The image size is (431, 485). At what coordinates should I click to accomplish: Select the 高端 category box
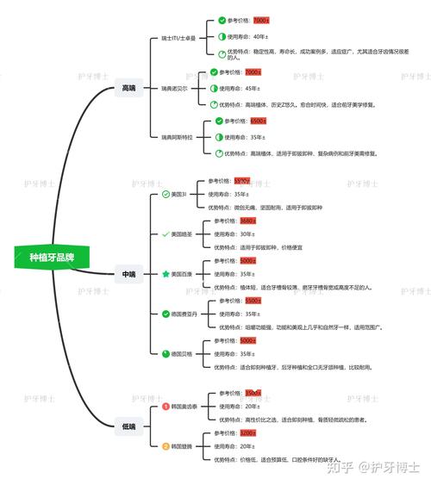128,87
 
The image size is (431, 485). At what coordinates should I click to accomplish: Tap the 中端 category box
128,274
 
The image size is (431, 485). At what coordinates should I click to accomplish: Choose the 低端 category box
128,426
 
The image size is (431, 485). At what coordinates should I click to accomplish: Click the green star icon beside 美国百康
166,274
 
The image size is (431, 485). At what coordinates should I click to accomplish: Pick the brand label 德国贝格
186,353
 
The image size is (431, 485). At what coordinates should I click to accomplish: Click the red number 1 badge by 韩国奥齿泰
166,406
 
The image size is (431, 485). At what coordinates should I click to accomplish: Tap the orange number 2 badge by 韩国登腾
166,446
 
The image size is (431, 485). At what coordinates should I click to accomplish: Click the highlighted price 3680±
248,221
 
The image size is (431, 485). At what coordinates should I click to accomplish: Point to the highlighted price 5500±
253,301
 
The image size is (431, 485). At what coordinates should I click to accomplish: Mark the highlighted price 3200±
248,433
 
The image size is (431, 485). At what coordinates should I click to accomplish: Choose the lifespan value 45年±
253,88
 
